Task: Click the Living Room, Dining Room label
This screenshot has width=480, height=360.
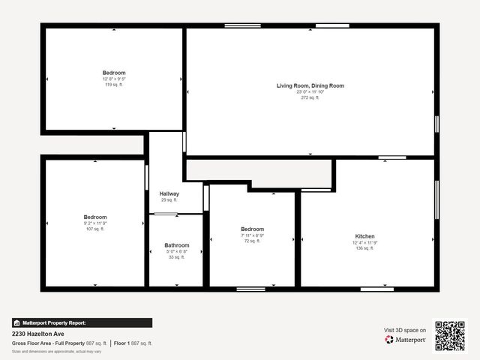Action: click(310, 85)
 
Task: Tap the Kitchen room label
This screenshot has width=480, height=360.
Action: click(364, 236)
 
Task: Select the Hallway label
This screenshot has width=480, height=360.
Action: click(169, 193)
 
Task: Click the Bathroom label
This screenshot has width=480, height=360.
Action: click(177, 245)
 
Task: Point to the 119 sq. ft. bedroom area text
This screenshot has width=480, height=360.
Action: click(114, 85)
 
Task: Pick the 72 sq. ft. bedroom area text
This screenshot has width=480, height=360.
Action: click(252, 241)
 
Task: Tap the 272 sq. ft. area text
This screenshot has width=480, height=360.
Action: click(310, 97)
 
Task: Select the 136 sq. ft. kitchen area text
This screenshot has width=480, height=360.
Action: click(364, 248)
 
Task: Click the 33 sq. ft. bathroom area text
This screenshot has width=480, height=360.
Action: click(177, 257)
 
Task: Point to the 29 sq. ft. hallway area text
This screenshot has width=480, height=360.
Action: click(169, 200)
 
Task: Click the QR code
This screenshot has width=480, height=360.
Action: click(450, 336)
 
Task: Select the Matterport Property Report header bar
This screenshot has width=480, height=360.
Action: click(82, 322)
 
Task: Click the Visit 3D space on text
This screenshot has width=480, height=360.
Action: click(405, 330)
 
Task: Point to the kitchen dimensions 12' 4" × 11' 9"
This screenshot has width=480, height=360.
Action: click(364, 242)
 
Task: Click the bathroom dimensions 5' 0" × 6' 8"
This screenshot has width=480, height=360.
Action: click(177, 251)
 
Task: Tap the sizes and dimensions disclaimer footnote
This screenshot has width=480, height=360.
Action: click(57, 351)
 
